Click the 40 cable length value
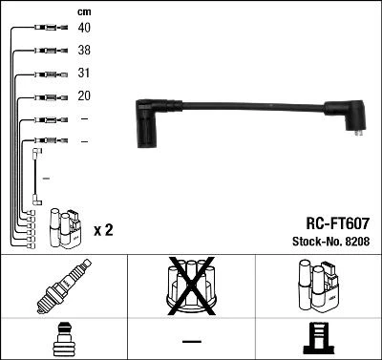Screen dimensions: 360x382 tap(84, 29)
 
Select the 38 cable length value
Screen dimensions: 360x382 tap(84, 51)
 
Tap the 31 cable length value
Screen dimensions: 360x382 tap(84, 74)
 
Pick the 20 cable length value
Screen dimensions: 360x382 tap(84, 96)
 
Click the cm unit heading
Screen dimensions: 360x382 tap(84, 11)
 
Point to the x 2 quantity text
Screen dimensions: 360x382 tap(104, 231)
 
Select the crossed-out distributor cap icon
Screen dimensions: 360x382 tap(190, 287)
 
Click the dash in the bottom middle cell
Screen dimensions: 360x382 tap(191, 340)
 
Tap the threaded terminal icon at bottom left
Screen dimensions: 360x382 tap(63, 339)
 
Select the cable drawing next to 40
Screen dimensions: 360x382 tap(48, 29)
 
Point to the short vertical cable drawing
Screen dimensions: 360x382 tap(35, 177)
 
